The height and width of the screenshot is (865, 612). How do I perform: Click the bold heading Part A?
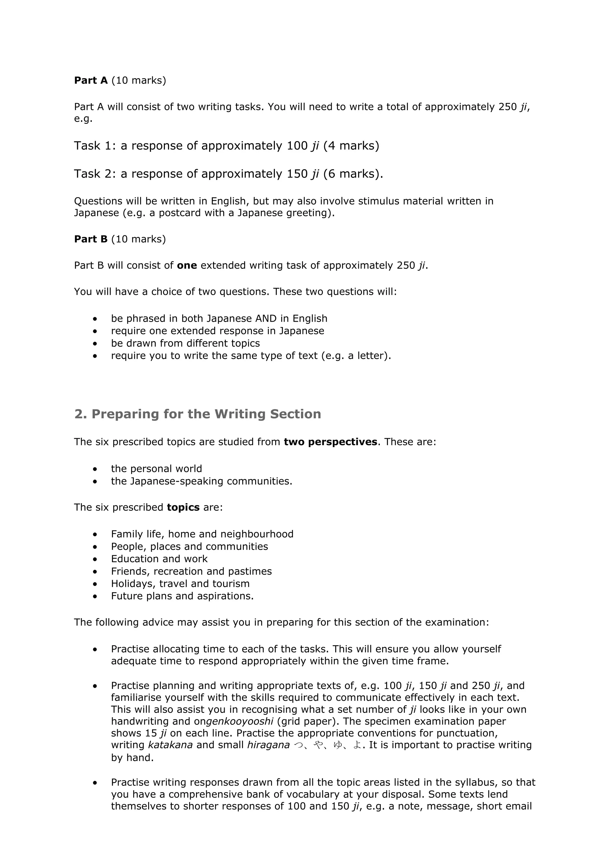(91, 80)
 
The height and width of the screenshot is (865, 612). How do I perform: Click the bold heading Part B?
(91, 239)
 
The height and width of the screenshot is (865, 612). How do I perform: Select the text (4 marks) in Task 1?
(351, 145)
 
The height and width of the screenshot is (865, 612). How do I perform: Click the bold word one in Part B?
(187, 265)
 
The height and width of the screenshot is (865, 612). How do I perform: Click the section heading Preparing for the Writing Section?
(198, 414)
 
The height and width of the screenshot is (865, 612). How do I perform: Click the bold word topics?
(183, 507)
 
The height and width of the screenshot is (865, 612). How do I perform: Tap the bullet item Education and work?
(159, 559)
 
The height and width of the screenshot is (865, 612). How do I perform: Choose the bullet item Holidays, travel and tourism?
(180, 584)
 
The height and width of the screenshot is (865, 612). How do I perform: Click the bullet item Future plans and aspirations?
(182, 596)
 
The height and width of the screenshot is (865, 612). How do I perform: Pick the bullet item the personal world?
(156, 469)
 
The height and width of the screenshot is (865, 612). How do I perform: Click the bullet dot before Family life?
(95, 534)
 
